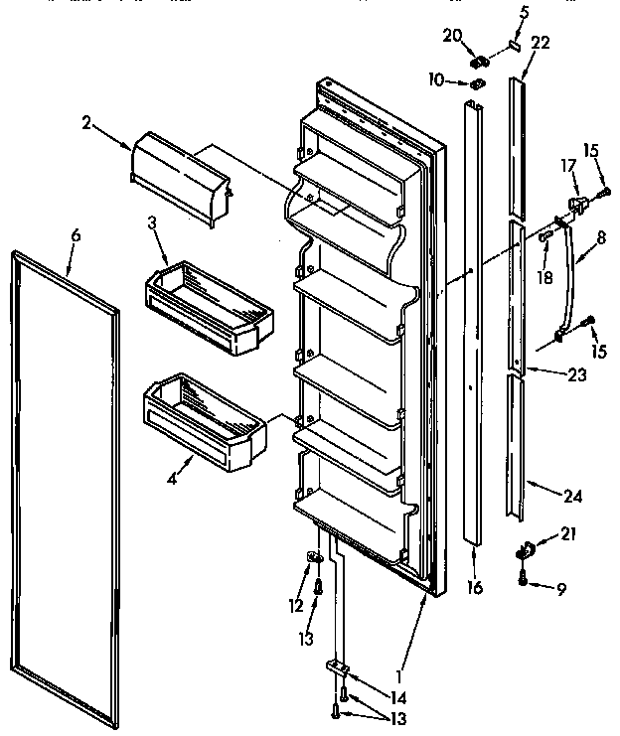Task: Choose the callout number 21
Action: tap(568, 535)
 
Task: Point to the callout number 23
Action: tap(577, 375)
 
